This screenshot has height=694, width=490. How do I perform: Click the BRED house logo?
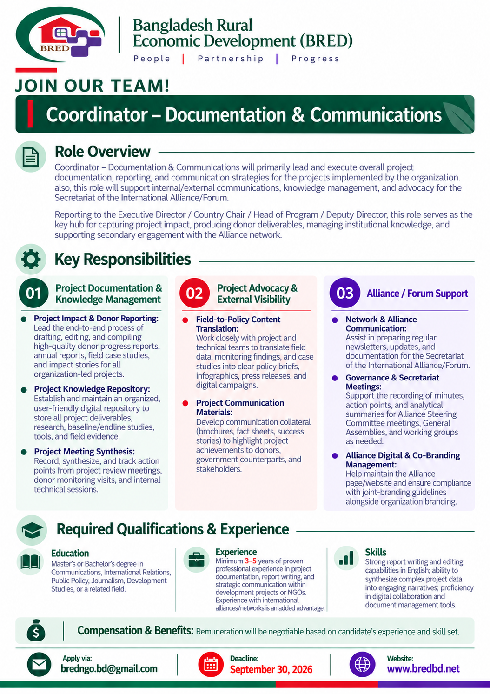[60, 34]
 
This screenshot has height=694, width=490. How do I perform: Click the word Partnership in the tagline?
[231, 59]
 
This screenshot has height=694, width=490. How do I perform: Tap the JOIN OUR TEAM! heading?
[93, 86]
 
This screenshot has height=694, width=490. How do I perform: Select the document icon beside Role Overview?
[31, 156]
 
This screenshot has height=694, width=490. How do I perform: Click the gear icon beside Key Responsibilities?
[31, 259]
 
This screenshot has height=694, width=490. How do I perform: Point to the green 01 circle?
[33, 293]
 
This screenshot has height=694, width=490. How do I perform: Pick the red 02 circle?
[194, 293]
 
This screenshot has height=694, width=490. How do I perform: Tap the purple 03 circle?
[345, 293]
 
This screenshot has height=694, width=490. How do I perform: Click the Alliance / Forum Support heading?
[417, 294]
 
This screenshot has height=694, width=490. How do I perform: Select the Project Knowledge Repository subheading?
[92, 389]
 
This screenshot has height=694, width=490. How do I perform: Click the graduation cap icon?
[32, 530]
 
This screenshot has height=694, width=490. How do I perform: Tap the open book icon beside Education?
[30, 562]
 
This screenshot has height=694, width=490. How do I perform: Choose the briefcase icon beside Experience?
[196, 560]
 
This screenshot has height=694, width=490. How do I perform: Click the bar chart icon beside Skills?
[346, 558]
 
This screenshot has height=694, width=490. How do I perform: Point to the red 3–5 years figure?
[251, 561]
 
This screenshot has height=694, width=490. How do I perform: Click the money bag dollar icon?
[36, 630]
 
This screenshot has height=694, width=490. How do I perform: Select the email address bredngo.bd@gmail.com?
[109, 668]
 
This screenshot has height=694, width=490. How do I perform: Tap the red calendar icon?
[211, 664]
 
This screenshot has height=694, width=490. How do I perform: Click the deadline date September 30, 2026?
[271, 669]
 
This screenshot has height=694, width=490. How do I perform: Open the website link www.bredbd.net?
[423, 668]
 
